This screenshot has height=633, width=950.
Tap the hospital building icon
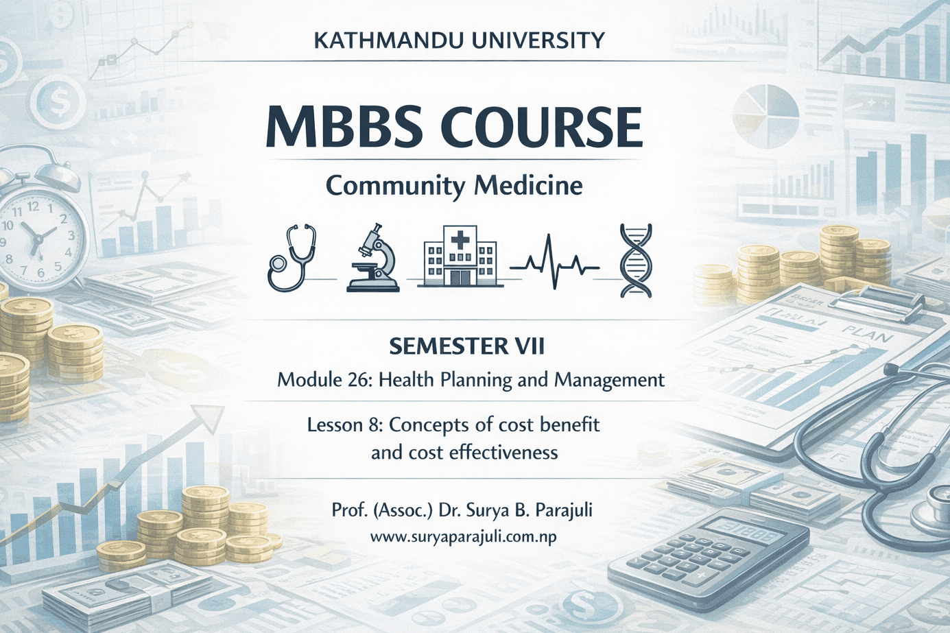click(460, 258)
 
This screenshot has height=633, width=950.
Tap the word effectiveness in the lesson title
click(486, 453)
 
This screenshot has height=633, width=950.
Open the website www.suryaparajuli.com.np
click(463, 538)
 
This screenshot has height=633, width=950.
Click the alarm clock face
click(38, 237)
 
